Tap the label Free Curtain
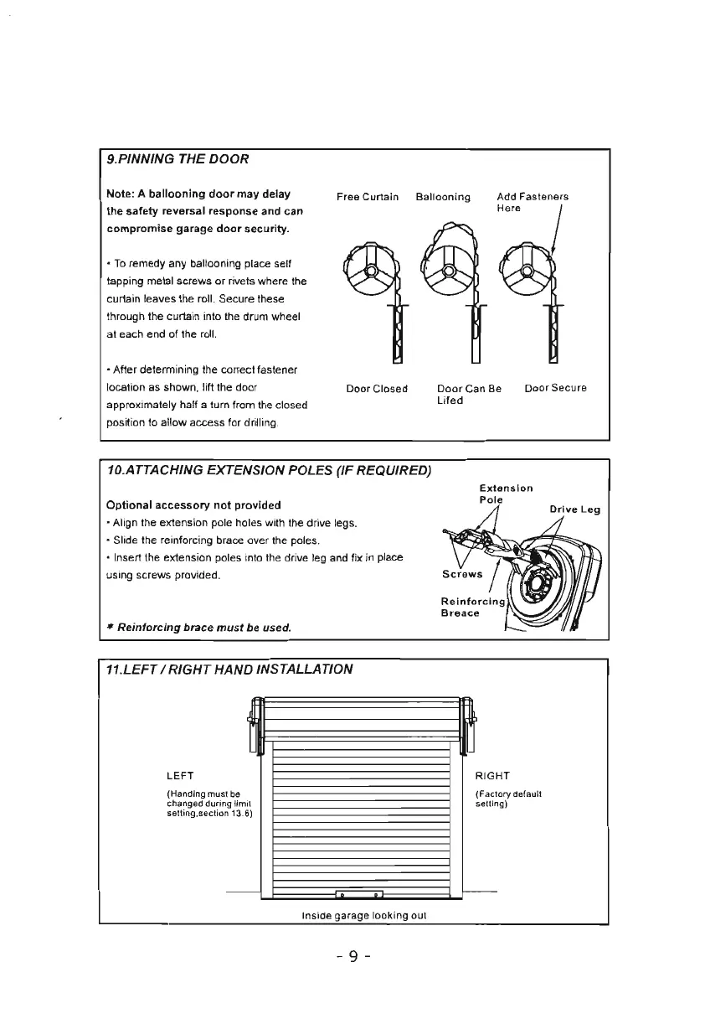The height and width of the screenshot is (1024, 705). click(368, 198)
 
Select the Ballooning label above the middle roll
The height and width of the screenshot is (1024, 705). click(443, 198)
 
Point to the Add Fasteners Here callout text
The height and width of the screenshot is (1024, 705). click(532, 202)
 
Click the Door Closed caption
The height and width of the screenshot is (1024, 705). click(377, 389)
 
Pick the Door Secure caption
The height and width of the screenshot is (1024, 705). click(556, 389)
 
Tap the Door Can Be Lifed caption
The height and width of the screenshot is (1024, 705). click(469, 395)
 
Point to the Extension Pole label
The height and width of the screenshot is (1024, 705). click(506, 494)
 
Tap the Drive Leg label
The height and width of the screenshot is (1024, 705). click(574, 509)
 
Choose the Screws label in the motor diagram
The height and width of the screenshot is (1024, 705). click(462, 574)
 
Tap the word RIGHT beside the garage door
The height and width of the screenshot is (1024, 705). click(492, 776)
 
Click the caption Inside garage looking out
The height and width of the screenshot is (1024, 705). click(363, 915)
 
